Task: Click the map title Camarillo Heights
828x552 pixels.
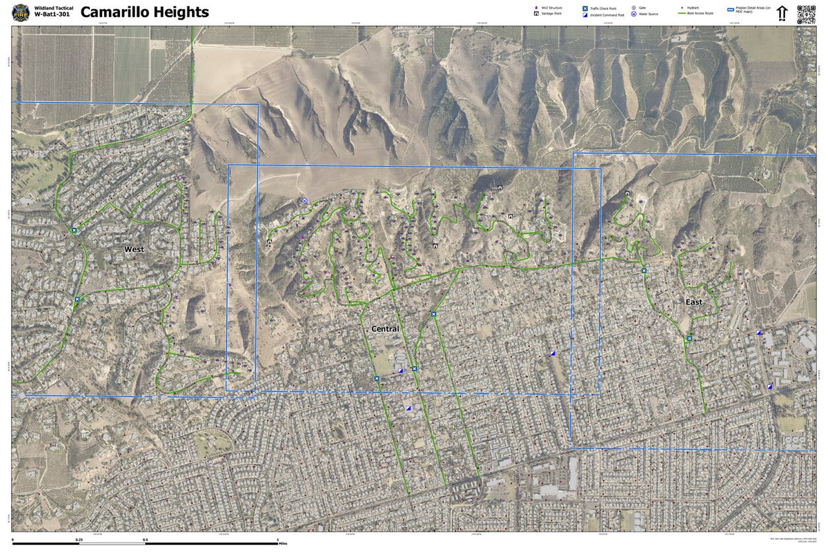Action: pyautogui.click(x=144, y=12)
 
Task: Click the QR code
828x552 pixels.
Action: pyautogui.click(x=806, y=13)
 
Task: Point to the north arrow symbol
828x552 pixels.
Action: pyautogui.click(x=782, y=13)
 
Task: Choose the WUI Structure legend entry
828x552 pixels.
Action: pyautogui.click(x=551, y=8)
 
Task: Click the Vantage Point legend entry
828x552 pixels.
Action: pyautogui.click(x=551, y=14)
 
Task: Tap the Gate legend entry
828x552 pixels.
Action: pyautogui.click(x=642, y=8)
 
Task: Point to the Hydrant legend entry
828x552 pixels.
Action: pyautogui.click(x=693, y=8)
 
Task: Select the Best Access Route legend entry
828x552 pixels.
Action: pyautogui.click(x=700, y=14)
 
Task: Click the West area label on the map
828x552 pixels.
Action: pyautogui.click(x=134, y=249)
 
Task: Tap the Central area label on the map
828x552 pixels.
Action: pyautogui.click(x=385, y=329)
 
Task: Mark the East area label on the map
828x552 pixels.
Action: pyautogui.click(x=693, y=302)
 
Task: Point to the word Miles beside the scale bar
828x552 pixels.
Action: pyautogui.click(x=283, y=544)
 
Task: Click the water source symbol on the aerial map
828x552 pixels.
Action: pyautogui.click(x=304, y=201)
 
